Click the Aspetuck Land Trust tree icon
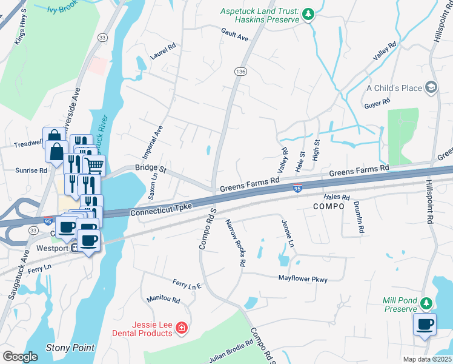tap(309, 13)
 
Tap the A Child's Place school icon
tap(431, 88)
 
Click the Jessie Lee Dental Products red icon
tap(181, 329)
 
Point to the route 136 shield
tap(240, 72)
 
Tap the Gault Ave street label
tap(235, 38)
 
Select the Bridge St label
tap(150, 167)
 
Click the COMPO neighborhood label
tap(329, 206)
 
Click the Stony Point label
tap(70, 348)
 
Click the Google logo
tap(20, 356)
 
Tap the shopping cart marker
tap(94, 164)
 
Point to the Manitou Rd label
tap(164, 300)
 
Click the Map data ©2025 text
tap(426, 359)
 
